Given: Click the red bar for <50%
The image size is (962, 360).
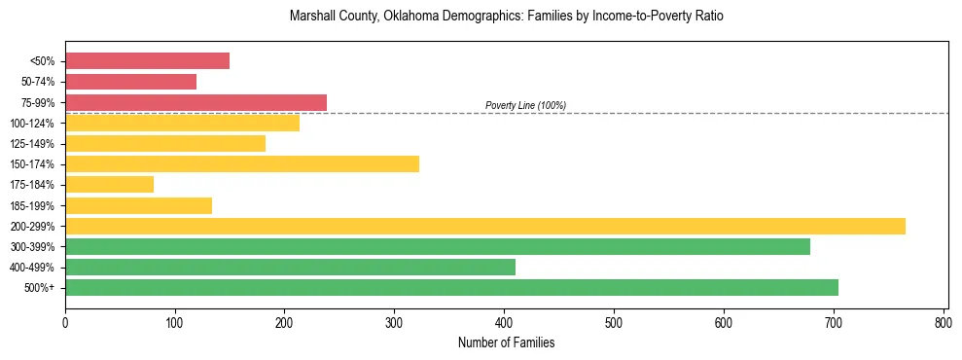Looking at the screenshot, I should [147, 61].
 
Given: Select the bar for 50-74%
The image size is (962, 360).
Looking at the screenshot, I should [130, 82].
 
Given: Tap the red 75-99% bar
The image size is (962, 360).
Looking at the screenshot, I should [196, 102].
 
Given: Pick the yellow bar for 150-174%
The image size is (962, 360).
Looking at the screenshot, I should [241, 163].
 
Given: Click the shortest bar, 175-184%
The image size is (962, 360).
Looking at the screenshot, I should [109, 184].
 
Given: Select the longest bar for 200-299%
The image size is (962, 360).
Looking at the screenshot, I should [484, 226].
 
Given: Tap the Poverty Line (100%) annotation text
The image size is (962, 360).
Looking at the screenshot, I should [525, 105].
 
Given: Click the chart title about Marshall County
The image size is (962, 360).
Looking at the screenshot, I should [506, 17].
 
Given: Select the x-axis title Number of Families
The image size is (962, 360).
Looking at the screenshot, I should [506, 342].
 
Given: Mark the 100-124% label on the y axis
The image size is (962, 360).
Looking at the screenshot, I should [32, 124].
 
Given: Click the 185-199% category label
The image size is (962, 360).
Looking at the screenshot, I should [32, 205].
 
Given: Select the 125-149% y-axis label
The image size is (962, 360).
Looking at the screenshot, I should [32, 144].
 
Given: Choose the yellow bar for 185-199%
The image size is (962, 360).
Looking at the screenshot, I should [138, 205].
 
